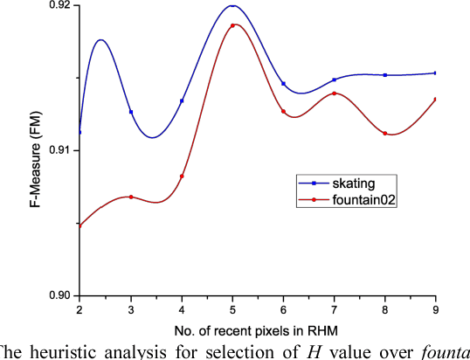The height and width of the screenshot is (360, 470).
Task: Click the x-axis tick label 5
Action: click(232, 309)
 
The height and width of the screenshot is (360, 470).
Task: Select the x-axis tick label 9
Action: click(435, 309)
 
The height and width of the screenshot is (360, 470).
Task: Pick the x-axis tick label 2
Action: click(79, 309)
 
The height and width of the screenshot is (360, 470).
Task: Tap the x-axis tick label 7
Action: click(334, 309)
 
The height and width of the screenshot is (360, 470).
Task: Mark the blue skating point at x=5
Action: click(232, 6)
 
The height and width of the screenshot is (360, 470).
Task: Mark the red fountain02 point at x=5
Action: click(232, 25)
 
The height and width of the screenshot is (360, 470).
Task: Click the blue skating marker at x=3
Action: click(131, 112)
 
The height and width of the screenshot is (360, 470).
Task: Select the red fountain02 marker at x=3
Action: click(131, 197)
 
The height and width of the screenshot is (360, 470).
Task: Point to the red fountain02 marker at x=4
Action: click(182, 177)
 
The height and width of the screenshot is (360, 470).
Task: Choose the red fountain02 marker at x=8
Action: click(384, 133)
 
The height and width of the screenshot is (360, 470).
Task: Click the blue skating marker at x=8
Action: click(384, 75)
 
